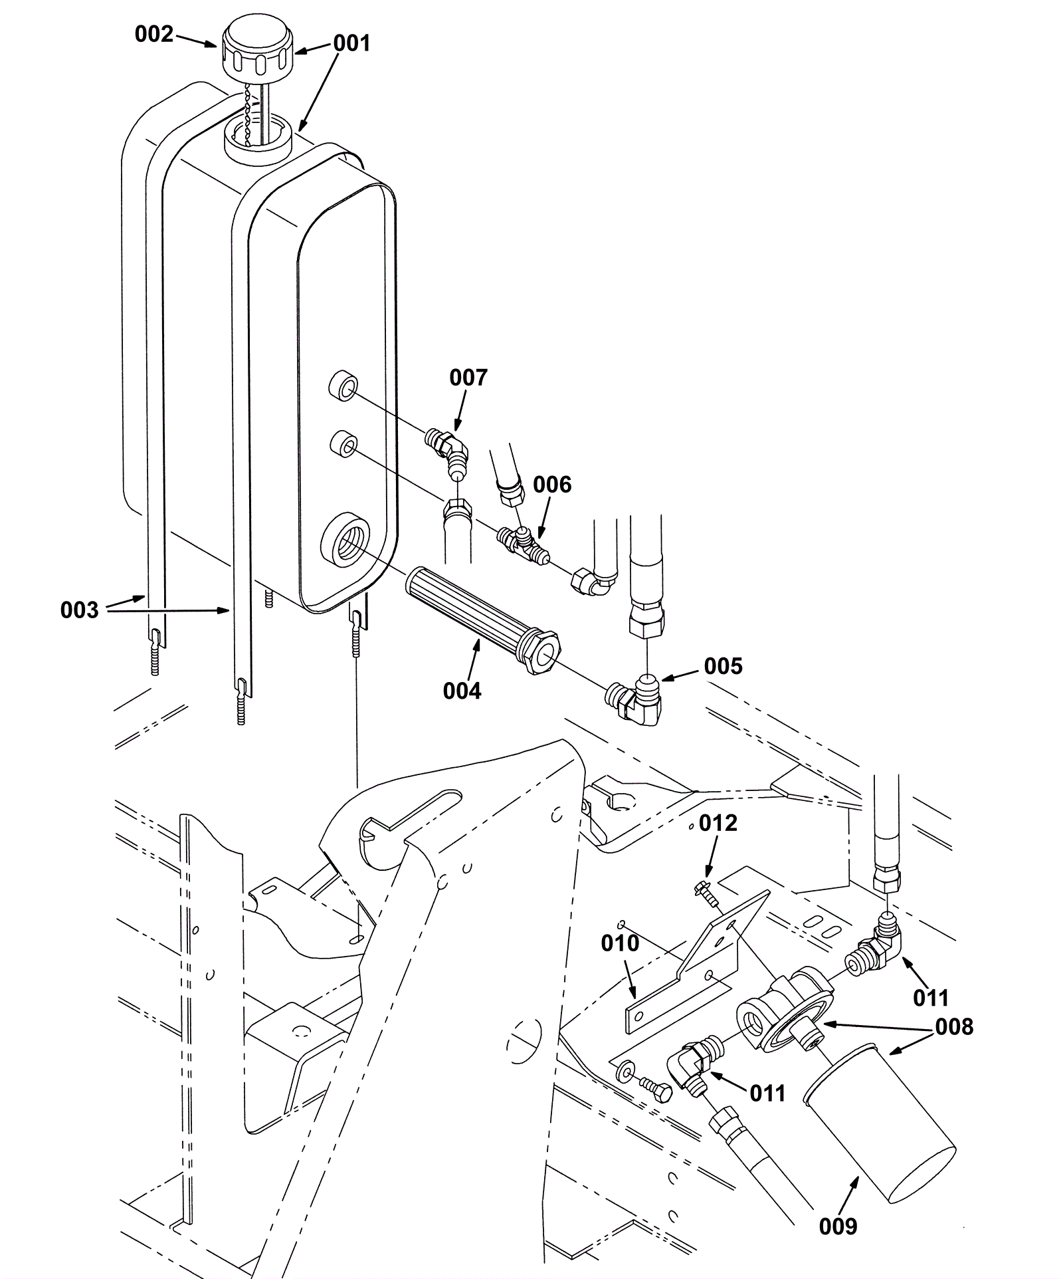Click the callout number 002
click(153, 34)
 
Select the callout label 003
click(79, 610)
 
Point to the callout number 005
click(723, 666)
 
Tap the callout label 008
click(954, 1027)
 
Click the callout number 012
click(718, 824)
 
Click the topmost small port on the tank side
click(343, 388)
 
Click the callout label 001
click(351, 43)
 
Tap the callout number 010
click(620, 943)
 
